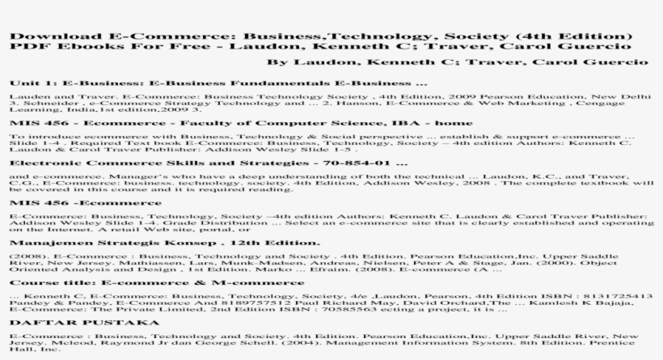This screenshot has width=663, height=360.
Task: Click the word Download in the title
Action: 44,37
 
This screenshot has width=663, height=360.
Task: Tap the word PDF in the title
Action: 23,49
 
